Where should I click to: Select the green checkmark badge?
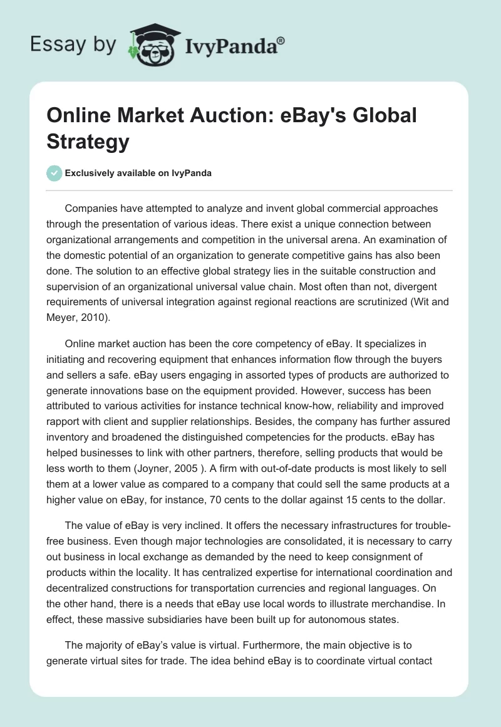[x=54, y=173]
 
